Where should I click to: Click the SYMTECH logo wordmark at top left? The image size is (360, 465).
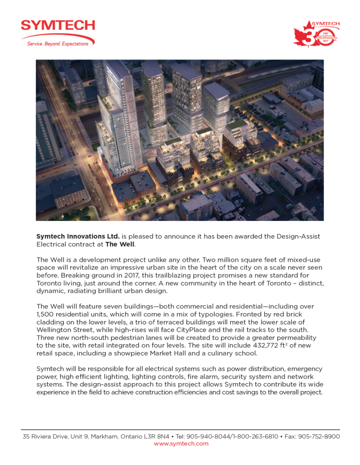tap(58, 26)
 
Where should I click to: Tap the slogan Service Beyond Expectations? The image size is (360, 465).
tap(58, 43)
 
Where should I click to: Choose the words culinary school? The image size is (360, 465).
tap(238, 353)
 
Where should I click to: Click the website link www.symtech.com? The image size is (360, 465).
tap(181, 443)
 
